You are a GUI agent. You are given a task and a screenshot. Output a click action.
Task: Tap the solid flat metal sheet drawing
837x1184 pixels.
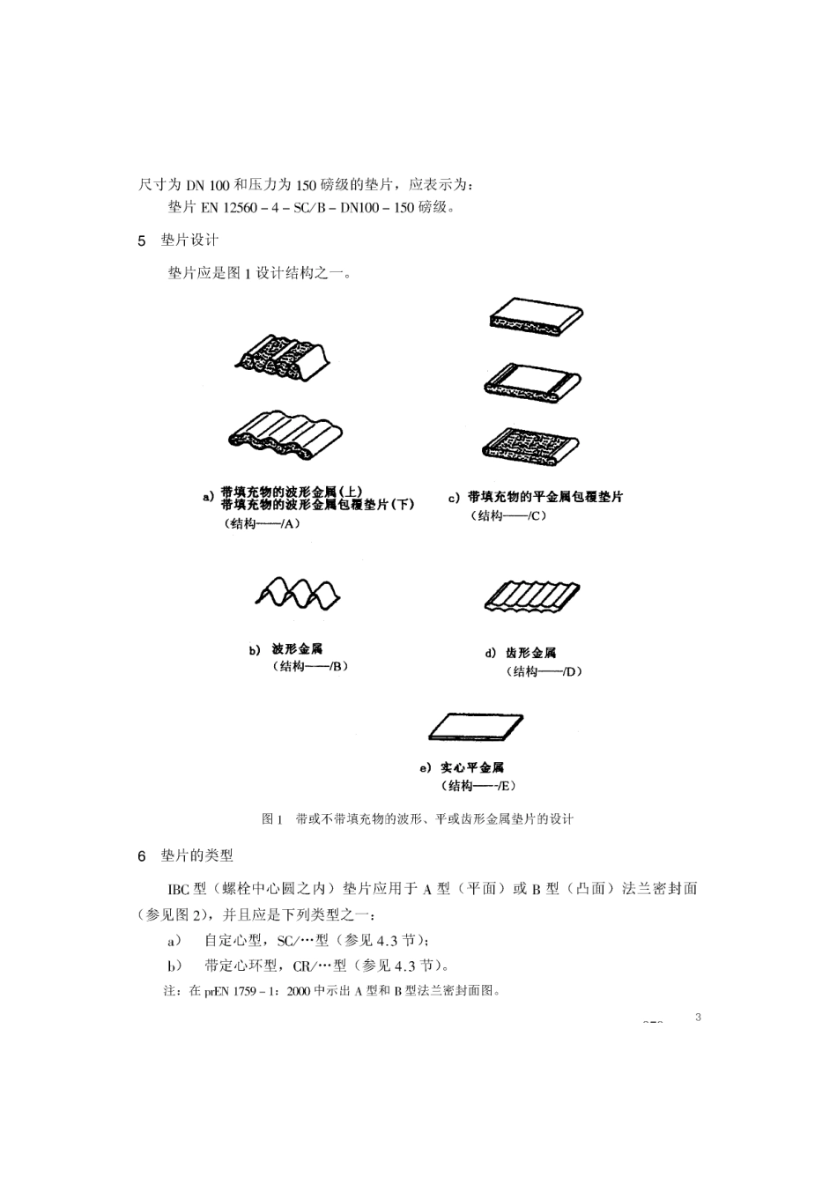pyautogui.click(x=476, y=727)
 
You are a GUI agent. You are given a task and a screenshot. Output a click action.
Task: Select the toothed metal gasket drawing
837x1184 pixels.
pyautogui.click(x=532, y=596)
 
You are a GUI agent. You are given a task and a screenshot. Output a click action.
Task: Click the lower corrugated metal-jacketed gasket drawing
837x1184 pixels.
pyautogui.click(x=285, y=438)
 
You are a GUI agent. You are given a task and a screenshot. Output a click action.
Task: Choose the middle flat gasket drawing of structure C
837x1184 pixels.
pyautogui.click(x=532, y=380)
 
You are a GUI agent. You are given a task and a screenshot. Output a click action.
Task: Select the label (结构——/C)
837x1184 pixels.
pyautogui.click(x=511, y=516)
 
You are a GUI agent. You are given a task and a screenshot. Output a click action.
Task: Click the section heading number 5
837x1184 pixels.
pyautogui.click(x=142, y=240)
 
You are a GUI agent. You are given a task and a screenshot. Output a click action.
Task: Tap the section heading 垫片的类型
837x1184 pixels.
pyautogui.click(x=196, y=855)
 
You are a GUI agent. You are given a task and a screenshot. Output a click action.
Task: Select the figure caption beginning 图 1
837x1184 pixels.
pyautogui.click(x=418, y=819)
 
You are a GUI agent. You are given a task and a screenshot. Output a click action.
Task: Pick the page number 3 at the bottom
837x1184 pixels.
pyautogui.click(x=698, y=1018)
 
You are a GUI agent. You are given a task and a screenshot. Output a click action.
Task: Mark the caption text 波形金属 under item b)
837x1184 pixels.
pyautogui.click(x=298, y=649)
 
